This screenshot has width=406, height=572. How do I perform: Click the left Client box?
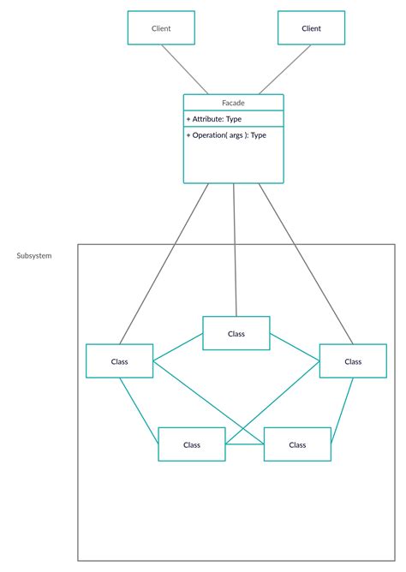[161, 28]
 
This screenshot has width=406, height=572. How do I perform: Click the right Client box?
[311, 28]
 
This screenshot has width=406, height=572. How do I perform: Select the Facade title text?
[233, 103]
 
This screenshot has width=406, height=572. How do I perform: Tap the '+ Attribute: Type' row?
[215, 119]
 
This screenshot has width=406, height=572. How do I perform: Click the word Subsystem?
[34, 256]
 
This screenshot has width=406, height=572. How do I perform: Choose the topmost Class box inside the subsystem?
[236, 333]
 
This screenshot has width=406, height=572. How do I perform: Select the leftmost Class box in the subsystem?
[119, 361]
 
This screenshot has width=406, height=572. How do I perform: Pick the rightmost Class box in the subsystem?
[353, 361]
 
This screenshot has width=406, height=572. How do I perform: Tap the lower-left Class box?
[192, 444]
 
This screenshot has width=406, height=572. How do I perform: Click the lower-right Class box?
[297, 444]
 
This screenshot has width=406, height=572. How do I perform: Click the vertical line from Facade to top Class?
[235, 248]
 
